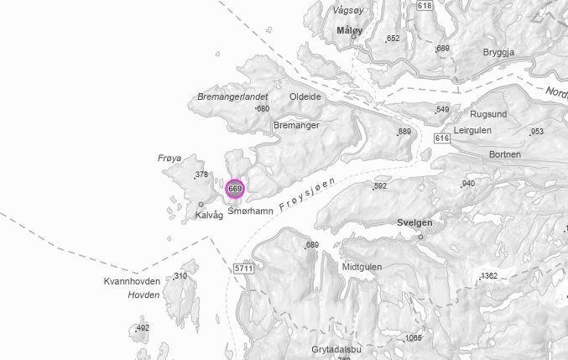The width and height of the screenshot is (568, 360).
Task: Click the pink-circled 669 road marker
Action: click(x=235, y=189)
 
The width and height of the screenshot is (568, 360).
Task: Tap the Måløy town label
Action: click(x=348, y=30)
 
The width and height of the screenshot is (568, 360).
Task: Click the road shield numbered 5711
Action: click(x=243, y=268)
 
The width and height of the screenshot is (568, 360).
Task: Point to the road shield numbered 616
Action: click(x=442, y=138)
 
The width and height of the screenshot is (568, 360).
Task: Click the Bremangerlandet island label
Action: click(x=232, y=97)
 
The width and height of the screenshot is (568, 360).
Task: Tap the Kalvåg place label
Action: click(x=209, y=216)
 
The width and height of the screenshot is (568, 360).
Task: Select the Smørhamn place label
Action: click(x=250, y=212)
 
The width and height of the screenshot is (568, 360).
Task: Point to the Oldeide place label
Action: click(x=305, y=97)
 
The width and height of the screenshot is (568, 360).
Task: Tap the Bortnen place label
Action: click(x=504, y=155)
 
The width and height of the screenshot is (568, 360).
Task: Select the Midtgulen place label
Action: click(x=362, y=267)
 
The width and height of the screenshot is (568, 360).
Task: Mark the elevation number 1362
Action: click(x=489, y=276)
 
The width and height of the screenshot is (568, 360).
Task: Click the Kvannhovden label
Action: click(x=132, y=281)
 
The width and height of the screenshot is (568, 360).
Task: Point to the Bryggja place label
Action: click(x=498, y=52)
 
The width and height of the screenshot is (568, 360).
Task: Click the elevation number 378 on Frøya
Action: click(x=201, y=175)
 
